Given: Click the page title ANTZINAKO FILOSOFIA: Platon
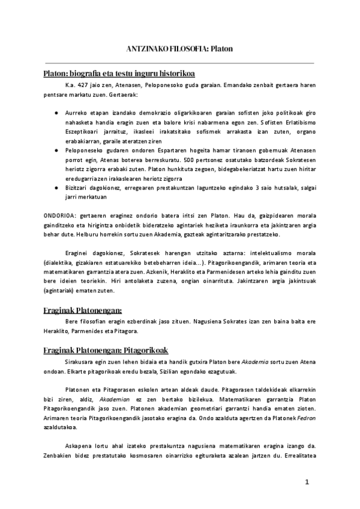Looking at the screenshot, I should (x=179, y=48).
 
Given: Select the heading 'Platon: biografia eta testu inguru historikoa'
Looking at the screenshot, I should (x=119, y=74).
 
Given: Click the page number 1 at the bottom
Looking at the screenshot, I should (x=307, y=482).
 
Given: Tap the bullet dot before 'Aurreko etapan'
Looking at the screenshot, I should (x=56, y=112).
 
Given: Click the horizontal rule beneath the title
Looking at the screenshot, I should (x=179, y=62).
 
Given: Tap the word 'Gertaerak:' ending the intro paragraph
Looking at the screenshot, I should (x=123, y=95).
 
